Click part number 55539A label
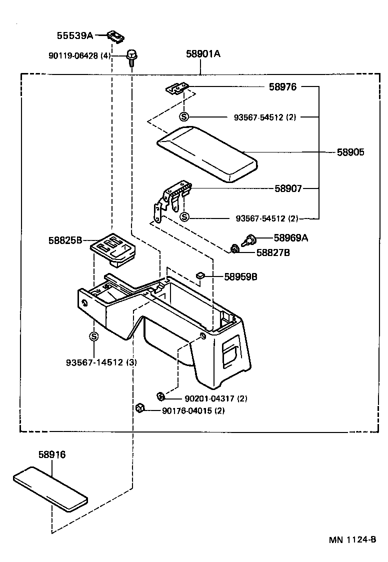74,35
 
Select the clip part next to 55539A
116,36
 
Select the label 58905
349,152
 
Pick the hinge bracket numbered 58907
172,200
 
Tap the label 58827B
273,253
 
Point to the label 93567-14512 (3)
101,362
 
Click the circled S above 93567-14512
94,336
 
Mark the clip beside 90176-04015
140,409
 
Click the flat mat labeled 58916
50,487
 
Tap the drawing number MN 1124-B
352,540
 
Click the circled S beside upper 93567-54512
184,117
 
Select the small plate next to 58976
177,88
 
